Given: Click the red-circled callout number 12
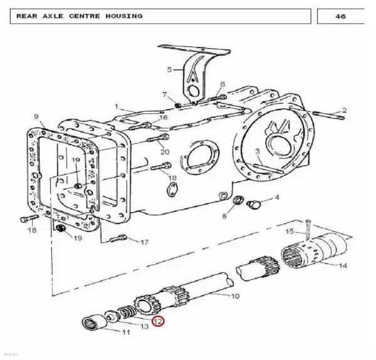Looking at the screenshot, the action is click(x=159, y=321).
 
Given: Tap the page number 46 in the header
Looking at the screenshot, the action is click(x=340, y=16).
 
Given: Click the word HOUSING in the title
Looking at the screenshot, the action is click(x=124, y=16).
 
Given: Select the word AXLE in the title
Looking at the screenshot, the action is click(x=53, y=16).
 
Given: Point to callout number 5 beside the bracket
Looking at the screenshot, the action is click(x=170, y=69).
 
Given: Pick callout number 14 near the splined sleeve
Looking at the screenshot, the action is click(x=343, y=265).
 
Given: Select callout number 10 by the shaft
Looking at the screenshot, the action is click(x=235, y=296).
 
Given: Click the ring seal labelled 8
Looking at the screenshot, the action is click(x=239, y=200).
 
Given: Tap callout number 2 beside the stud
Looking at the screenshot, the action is click(x=344, y=110).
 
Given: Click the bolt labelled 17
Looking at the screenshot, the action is click(x=118, y=239).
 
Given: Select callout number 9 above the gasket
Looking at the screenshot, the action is click(x=36, y=116).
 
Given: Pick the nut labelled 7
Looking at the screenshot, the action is click(x=178, y=105).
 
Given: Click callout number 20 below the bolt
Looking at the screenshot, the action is click(x=165, y=152).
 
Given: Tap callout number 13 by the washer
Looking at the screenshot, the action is click(x=144, y=326).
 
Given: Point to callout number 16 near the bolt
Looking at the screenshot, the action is click(x=164, y=117).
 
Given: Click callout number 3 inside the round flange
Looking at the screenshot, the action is click(x=258, y=151).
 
